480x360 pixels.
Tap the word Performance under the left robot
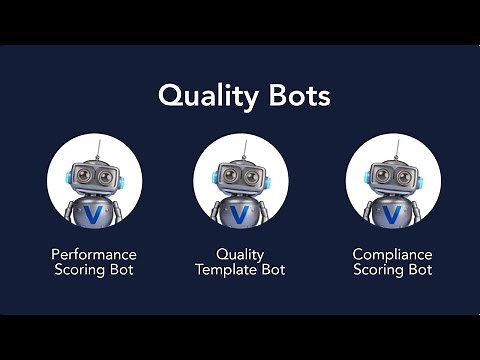click(94, 255)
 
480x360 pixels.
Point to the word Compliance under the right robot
click(393, 255)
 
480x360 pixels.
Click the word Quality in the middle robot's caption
click(240, 255)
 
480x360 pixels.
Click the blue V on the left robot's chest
click(94, 214)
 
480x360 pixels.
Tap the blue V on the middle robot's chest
click(240, 214)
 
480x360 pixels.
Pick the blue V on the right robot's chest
click(393, 214)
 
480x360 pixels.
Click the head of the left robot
click(94, 177)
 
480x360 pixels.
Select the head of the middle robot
click(240, 177)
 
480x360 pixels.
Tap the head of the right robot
click(393, 177)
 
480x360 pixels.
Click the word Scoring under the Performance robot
click(81, 270)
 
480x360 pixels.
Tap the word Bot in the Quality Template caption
click(273, 270)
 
